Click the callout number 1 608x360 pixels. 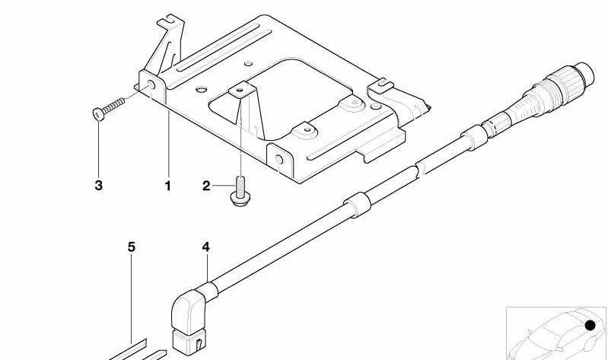pos(168,186)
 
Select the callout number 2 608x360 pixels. pos(206,186)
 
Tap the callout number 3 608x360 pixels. pos(98,186)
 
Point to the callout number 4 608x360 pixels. pos(206,247)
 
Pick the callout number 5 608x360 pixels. pos(132,247)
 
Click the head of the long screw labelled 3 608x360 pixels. pos(98,114)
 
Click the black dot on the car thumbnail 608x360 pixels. pos(590,326)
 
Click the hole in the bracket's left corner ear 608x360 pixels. pos(151,85)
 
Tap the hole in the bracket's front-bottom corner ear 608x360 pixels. pos(279,159)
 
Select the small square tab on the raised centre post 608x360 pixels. pos(240,91)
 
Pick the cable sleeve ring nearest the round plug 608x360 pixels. pos(474,137)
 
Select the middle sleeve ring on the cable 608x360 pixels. pos(357,205)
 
